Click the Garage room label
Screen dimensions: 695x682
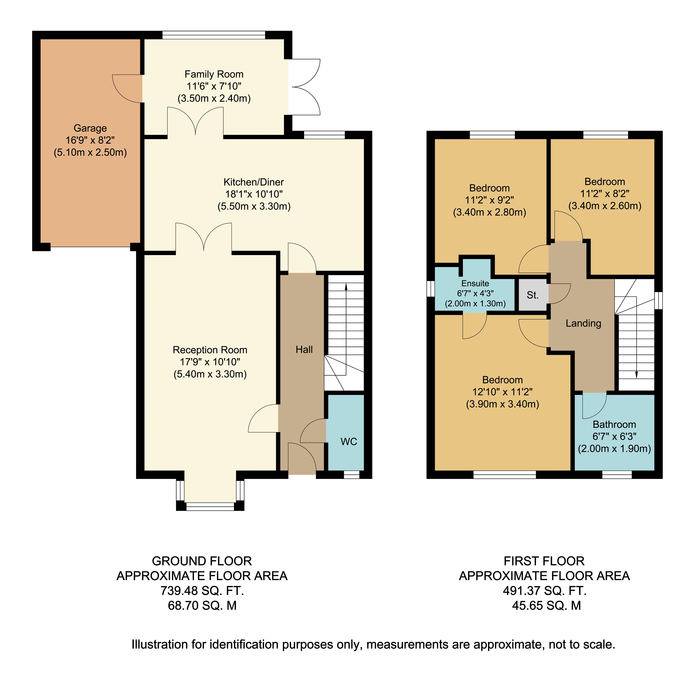90,128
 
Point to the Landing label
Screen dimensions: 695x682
583,323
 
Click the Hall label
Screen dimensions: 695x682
304,350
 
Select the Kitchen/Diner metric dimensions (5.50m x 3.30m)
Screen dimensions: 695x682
254,206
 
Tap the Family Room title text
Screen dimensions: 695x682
214,74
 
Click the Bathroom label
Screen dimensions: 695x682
614,424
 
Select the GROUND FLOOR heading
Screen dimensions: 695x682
202,561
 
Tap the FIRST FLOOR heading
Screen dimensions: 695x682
544,561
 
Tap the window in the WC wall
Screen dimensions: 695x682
351,475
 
